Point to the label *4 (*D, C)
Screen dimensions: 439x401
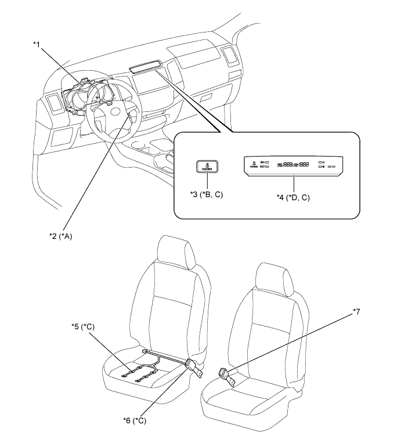click(292, 198)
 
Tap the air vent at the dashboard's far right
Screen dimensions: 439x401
click(228, 57)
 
